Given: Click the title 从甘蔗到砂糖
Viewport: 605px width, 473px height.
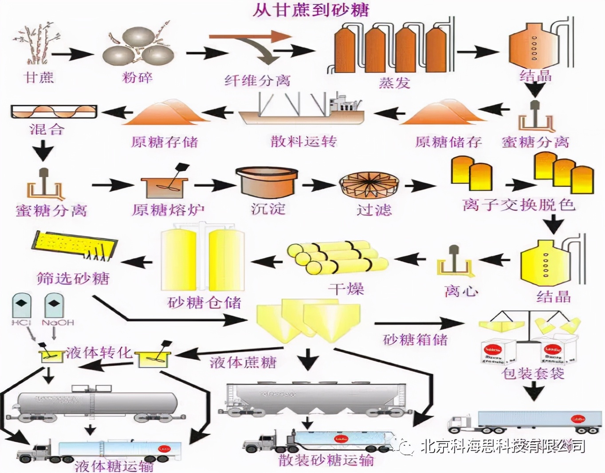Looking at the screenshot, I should [311, 10].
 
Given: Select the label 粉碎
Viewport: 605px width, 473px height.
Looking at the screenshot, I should [137, 78].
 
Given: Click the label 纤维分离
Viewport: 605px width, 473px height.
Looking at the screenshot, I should [257, 81].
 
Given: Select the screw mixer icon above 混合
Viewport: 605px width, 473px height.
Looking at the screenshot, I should [54, 112].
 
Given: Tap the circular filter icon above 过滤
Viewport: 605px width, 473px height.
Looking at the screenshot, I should [369, 185].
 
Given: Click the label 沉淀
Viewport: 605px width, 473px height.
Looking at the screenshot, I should [268, 209].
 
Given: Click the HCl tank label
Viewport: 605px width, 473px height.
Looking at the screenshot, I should [21, 322].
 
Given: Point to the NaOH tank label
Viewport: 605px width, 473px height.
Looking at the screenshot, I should [58, 322].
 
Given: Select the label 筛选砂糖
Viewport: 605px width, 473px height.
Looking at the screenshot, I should [73, 278].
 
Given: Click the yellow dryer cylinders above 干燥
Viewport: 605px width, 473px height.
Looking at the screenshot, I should [336, 258].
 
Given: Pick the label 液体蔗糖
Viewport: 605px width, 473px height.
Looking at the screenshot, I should [243, 362].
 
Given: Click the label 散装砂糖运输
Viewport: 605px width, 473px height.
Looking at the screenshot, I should [326, 460].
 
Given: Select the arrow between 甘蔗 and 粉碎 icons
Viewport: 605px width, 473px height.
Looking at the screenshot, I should [72, 54].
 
